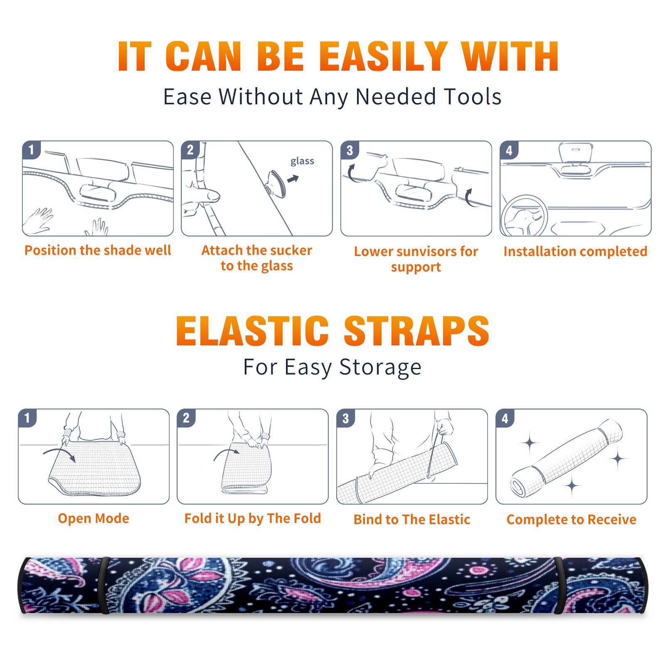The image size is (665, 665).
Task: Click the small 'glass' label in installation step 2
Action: coord(302,161)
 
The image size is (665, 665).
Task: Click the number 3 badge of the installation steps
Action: coord(350,150)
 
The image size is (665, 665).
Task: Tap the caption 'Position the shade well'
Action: coord(98,250)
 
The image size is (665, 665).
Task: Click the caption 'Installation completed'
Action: coord(575,251)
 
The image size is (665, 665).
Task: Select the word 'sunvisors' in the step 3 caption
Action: coord(426,251)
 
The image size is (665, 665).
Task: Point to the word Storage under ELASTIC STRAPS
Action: coord(380,367)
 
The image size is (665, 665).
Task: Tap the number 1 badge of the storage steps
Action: coord(27,418)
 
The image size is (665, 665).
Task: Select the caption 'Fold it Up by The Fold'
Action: coord(253,518)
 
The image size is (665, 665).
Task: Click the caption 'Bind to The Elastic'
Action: coord(412,520)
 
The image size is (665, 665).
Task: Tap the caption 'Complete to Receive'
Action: coord(571,520)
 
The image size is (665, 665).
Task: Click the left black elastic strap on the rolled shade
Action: coord(104,585)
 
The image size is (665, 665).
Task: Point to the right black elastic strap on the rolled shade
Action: coord(558,585)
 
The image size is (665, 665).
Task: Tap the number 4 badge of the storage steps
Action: coord(505,418)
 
